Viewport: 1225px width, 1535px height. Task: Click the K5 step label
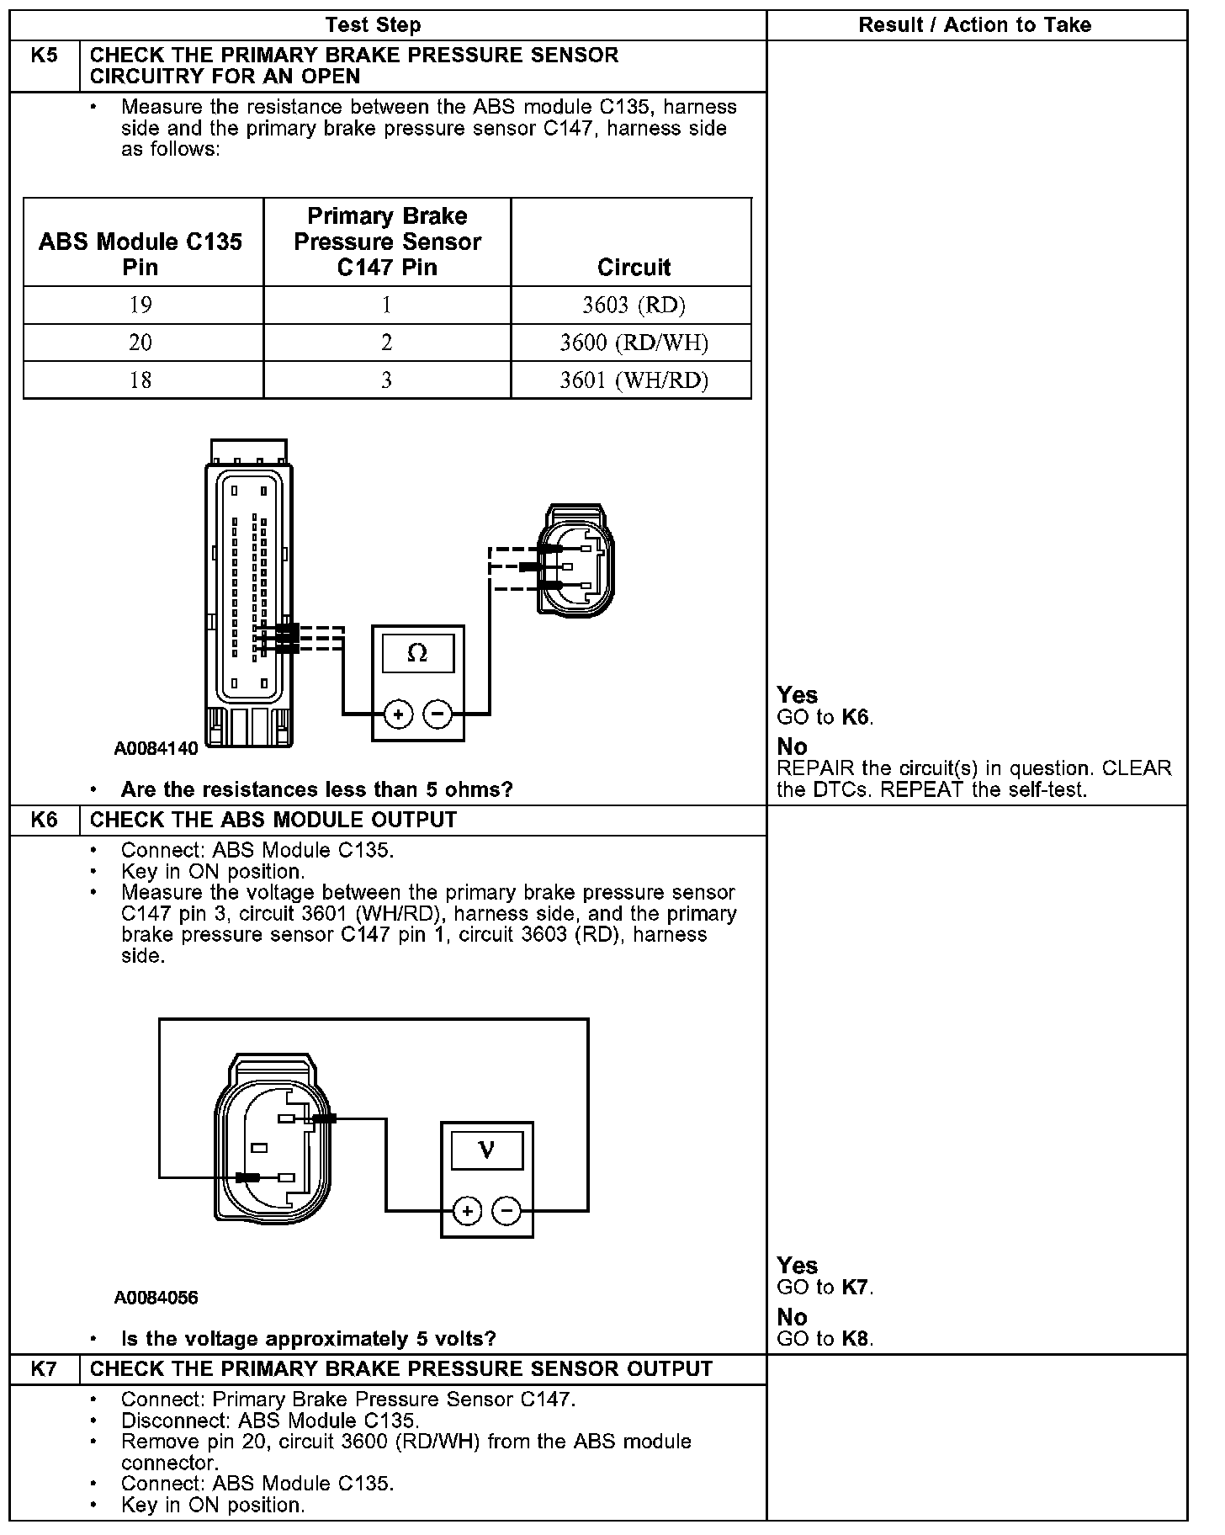point(45,56)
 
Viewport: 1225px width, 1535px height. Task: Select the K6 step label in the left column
point(45,820)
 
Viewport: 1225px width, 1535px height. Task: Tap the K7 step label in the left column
point(45,1369)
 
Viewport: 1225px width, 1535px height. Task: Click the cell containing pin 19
point(141,305)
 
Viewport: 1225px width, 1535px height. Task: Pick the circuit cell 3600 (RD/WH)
point(634,343)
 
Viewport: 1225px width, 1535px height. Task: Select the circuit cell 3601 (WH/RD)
point(634,380)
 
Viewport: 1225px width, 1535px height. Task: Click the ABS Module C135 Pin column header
point(141,254)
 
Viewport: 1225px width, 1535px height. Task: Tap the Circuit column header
point(634,268)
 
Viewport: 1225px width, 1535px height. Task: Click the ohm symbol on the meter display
point(417,653)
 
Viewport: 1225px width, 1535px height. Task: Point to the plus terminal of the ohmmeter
point(398,714)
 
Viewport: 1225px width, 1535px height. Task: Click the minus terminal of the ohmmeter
point(437,714)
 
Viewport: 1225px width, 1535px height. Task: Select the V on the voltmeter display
point(486,1150)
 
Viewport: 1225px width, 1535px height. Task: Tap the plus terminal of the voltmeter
point(467,1212)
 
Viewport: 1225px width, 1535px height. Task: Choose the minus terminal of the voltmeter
point(506,1212)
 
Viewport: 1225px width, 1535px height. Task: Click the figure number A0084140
point(156,748)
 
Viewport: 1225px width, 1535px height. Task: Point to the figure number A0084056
point(156,1298)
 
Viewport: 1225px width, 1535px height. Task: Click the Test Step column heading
point(374,25)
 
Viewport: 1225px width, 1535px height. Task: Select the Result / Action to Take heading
point(974,25)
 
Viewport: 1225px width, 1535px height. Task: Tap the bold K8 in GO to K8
point(856,1339)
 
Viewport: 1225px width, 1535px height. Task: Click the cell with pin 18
point(141,380)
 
